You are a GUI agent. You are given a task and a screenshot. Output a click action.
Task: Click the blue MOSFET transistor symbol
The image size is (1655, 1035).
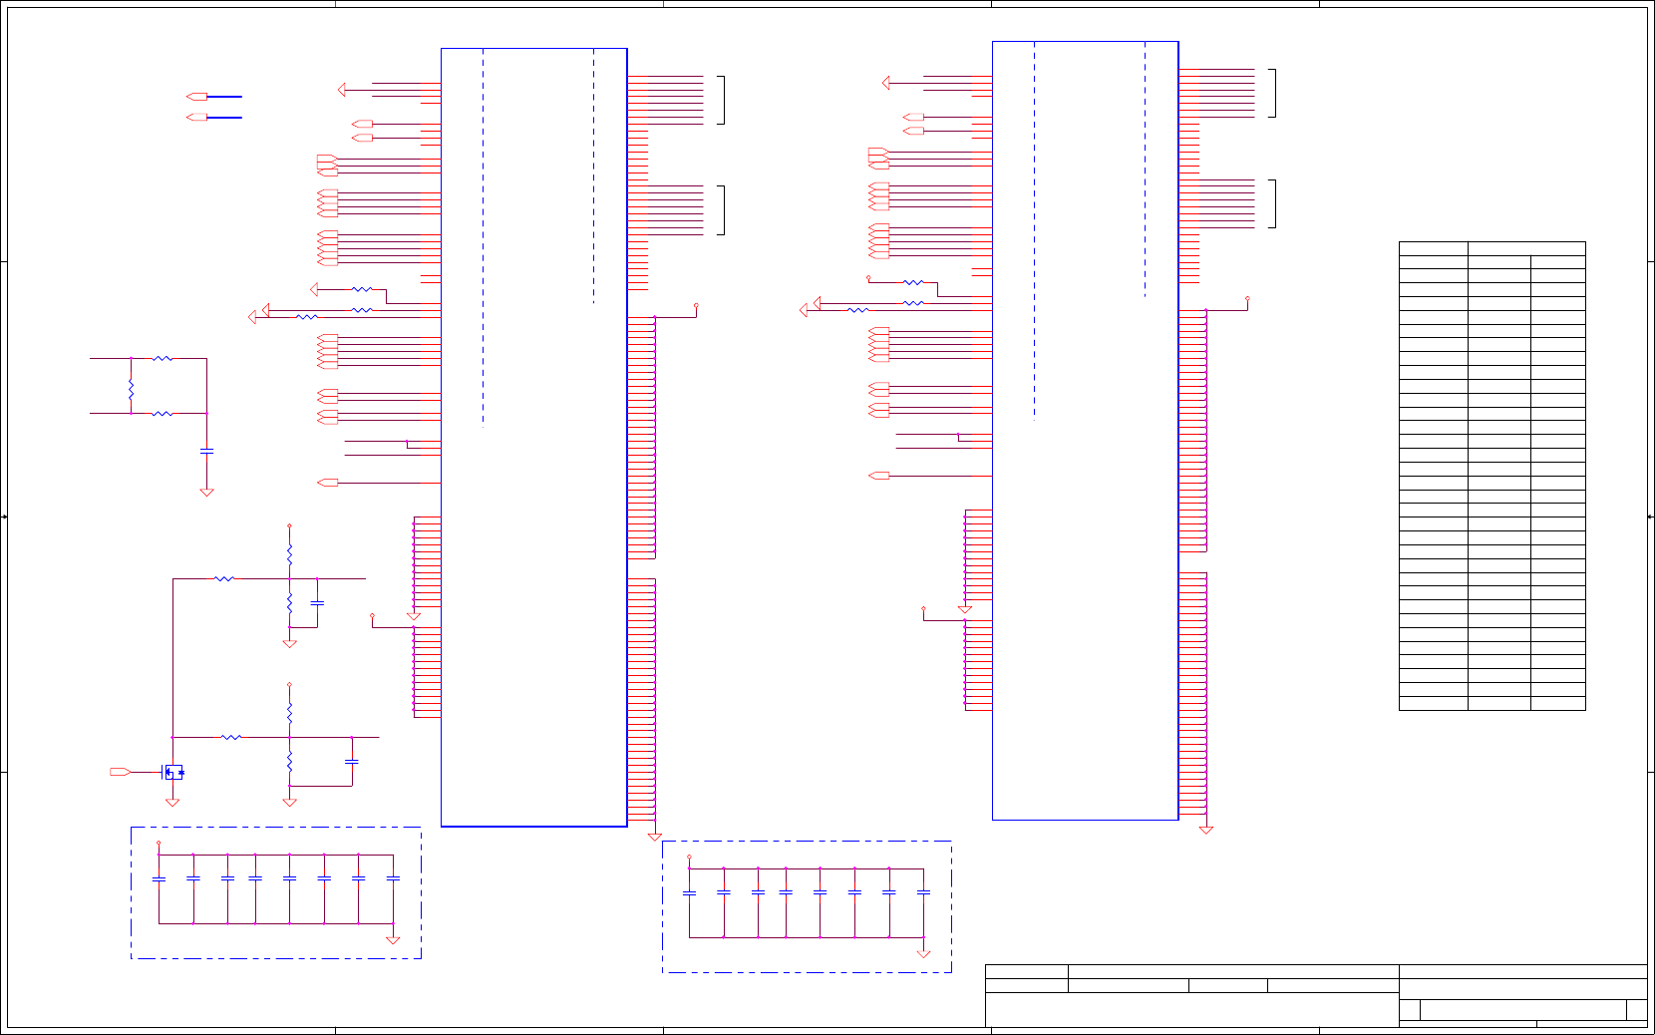coord(172,772)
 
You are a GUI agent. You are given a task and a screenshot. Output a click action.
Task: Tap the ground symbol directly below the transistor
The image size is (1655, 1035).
coord(172,802)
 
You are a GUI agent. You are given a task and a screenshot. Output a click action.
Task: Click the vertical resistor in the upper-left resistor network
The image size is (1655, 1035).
coord(131,387)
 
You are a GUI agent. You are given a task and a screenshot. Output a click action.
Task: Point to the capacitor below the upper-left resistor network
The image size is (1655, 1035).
coord(206,451)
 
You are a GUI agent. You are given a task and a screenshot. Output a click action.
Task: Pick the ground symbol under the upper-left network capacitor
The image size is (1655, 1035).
coord(206,492)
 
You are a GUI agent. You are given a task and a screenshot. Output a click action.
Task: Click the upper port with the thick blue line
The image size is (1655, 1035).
coord(197,97)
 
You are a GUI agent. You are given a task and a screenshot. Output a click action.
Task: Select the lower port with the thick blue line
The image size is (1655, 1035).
coord(197,118)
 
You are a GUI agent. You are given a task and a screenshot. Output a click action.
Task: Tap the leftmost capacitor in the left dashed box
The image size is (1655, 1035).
coord(159,878)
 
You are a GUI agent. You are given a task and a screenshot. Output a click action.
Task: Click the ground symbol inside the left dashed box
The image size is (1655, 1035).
coord(393,939)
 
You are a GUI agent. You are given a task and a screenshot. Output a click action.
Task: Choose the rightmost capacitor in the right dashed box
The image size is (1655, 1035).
coord(923,892)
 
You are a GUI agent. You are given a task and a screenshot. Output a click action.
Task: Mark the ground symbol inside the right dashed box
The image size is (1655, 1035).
coord(923,954)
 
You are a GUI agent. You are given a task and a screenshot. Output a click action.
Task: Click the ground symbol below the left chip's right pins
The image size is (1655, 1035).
coord(655,837)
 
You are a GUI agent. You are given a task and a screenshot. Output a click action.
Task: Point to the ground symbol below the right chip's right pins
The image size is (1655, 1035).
coord(1206,830)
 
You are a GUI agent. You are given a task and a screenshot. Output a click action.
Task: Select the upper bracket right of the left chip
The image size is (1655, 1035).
coord(721,100)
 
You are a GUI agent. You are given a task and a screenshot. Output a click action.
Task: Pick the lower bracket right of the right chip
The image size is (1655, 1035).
coord(1272,203)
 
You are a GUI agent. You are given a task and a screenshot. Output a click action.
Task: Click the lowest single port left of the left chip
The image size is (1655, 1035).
coord(328,483)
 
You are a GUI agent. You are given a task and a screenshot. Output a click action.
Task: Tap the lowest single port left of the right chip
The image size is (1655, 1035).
coord(879,476)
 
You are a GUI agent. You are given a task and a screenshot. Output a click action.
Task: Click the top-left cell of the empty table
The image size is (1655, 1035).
coord(1433,248)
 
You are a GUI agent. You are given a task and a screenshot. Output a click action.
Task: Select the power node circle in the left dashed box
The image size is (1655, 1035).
coord(159,844)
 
